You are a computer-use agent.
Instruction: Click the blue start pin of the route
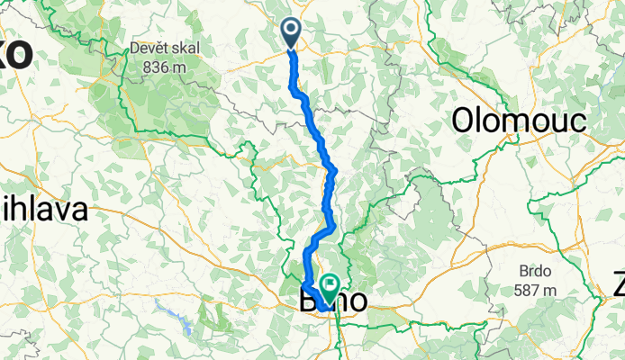(291, 34)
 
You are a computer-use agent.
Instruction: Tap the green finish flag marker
(329, 289)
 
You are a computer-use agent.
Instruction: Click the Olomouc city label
(520, 120)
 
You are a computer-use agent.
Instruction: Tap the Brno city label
(332, 302)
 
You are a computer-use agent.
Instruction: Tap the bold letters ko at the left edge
(15, 54)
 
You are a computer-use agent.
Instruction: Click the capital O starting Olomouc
(465, 120)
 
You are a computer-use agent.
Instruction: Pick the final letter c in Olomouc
(577, 121)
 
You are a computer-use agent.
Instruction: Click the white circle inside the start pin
(291, 29)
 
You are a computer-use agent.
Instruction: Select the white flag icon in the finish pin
(329, 285)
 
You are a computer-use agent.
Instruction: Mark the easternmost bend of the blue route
(335, 170)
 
